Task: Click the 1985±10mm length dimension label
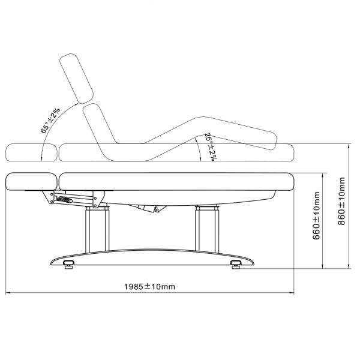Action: (x=149, y=287)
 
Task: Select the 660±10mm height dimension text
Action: (x=316, y=215)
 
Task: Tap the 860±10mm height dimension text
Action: (x=341, y=201)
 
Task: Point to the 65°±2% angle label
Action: (x=50, y=121)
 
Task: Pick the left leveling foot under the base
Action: (x=68, y=264)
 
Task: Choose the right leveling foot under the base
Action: (x=235, y=264)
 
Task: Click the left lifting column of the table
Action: (x=97, y=229)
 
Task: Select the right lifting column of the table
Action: (x=207, y=228)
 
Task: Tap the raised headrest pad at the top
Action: (x=76, y=79)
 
